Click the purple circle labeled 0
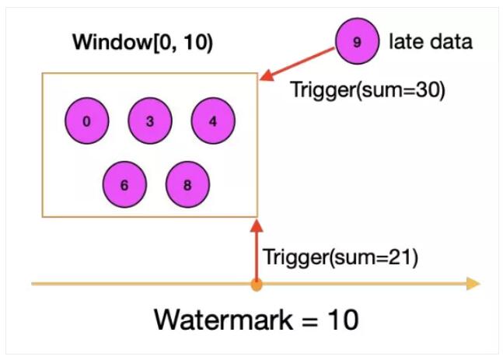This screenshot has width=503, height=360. tap(86, 121)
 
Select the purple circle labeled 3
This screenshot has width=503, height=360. tap(149, 121)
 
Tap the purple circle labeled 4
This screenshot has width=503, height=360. tap(213, 121)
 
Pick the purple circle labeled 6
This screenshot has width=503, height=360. tap(124, 185)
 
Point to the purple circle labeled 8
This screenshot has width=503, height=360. tap(187, 185)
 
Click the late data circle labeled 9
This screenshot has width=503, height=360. tap(357, 42)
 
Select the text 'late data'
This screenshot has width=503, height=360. tap(430, 42)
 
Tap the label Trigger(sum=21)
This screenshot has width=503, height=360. tap(341, 257)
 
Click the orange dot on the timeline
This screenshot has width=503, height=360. tap(257, 285)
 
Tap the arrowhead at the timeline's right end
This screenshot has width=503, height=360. tap(473, 285)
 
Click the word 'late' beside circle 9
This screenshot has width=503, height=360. tap(403, 42)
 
